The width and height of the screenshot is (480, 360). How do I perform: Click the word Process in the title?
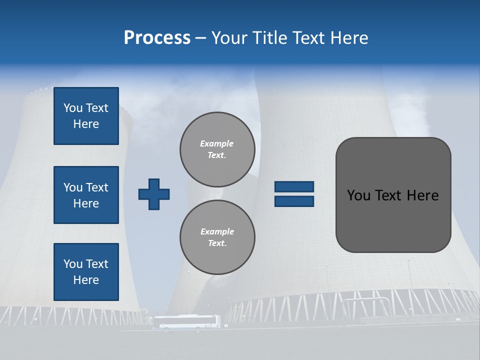click(157, 38)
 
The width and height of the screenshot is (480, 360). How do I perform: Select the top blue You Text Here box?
click(86, 116)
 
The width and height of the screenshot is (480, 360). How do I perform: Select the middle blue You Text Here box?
click(86, 195)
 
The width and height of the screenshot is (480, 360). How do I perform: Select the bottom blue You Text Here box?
click(86, 272)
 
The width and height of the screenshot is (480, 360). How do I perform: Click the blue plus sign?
click(154, 194)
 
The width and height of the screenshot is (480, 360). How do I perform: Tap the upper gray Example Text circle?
click(217, 149)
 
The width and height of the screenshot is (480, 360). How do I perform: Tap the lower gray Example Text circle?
click(217, 237)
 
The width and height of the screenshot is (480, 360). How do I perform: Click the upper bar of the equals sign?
click(294, 186)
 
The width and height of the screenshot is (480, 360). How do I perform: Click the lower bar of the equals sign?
click(294, 201)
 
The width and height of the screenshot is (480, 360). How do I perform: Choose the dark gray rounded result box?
click(393, 220)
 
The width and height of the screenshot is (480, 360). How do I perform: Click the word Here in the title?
click(349, 38)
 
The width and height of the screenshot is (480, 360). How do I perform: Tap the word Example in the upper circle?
click(217, 143)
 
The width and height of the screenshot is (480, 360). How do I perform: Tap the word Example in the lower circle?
click(217, 231)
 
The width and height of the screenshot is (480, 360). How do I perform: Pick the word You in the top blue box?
click(73, 108)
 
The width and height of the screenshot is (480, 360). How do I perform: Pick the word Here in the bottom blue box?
click(86, 280)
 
